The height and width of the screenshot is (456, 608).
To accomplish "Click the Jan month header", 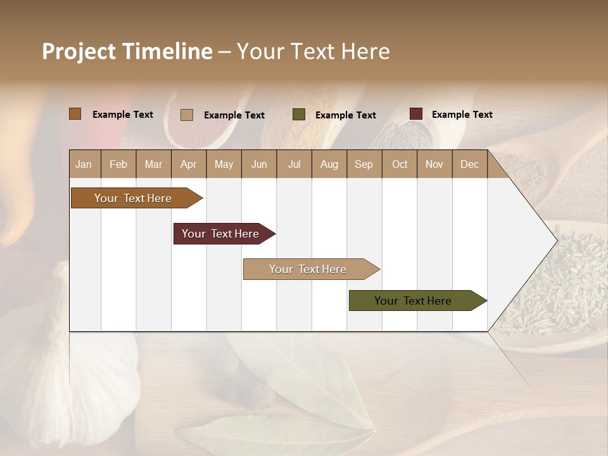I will click(x=84, y=164).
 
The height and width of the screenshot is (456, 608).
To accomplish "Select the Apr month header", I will click(x=189, y=164).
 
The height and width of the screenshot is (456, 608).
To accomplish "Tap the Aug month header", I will click(x=329, y=164).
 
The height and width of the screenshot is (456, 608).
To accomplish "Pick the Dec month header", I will click(x=469, y=164).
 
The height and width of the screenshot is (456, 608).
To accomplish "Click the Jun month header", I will click(x=259, y=164).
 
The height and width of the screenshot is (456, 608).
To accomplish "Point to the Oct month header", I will click(x=400, y=164).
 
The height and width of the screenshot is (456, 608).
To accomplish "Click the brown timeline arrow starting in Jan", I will click(x=133, y=198).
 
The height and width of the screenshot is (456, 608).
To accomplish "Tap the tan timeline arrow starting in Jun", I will click(x=308, y=269).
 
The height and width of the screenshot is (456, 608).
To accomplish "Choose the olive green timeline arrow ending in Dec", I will click(x=413, y=301).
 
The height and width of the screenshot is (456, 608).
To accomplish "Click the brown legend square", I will click(x=75, y=114).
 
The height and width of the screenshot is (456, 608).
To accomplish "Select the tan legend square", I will click(x=186, y=115).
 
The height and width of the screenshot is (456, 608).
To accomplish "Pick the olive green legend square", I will click(x=298, y=115).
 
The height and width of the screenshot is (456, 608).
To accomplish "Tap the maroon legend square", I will click(x=415, y=114).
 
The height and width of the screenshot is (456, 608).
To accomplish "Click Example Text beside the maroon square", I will click(x=462, y=115).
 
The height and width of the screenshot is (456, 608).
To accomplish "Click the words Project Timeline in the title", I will click(x=127, y=51).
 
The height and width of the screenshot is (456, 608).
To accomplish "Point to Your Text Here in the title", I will click(x=313, y=51).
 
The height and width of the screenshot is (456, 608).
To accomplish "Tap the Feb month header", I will click(x=118, y=164).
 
